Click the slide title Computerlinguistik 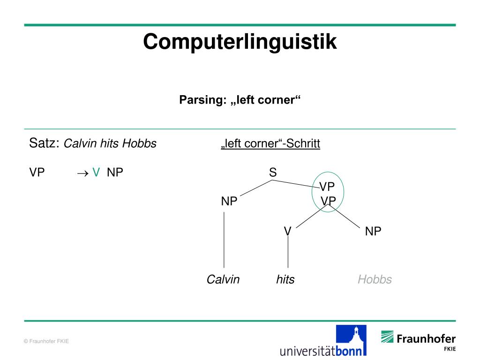click(240, 42)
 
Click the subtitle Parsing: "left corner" click(240, 100)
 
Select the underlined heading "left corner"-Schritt click(270, 143)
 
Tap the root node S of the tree click(273, 172)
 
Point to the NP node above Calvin click(229, 202)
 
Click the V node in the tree click(288, 231)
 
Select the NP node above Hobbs click(373, 231)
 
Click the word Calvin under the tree click(223, 280)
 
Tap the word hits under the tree click(285, 280)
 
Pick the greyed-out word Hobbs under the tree click(375, 280)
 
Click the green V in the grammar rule click(96, 172)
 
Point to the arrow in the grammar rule click(82, 173)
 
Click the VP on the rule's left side click(37, 172)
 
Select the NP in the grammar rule click(115, 172)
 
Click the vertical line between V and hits click(288, 253)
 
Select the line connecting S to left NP click(256, 187)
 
